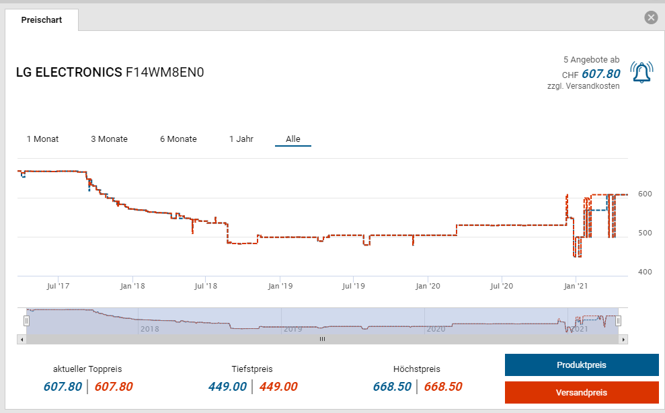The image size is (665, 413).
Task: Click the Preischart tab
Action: tap(42, 20)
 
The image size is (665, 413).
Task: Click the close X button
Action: tap(651, 18)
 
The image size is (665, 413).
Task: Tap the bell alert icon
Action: tap(641, 72)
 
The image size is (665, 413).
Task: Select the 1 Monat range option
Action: tap(42, 139)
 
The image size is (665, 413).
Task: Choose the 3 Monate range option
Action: tap(109, 139)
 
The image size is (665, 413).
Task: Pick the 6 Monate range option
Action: tap(178, 139)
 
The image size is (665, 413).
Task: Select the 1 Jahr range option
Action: tap(241, 139)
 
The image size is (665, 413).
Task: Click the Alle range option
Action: tap(293, 139)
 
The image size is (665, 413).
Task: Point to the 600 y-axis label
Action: tap(645, 194)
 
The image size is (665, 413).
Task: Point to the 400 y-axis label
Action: tap(645, 272)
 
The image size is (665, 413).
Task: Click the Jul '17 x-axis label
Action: tap(58, 286)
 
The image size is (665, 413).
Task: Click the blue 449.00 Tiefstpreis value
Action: tap(227, 387)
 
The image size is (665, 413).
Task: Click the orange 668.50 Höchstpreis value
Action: tap(443, 387)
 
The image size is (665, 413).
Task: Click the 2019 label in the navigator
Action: tap(292, 329)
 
